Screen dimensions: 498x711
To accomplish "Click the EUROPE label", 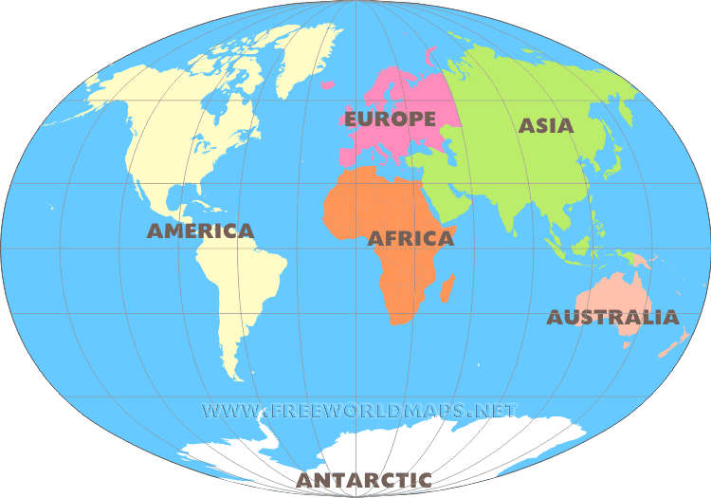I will point(390,119).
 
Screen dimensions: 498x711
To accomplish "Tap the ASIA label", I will point(546,125).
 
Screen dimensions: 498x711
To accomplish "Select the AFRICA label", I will point(410,239).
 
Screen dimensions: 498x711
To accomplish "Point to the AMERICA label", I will point(200,231).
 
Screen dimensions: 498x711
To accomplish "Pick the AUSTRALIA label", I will point(612,318).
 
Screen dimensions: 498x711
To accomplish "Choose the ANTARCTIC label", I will point(364,480).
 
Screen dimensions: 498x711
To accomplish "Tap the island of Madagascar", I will point(447,286).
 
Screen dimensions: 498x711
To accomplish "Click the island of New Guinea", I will point(634,259).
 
